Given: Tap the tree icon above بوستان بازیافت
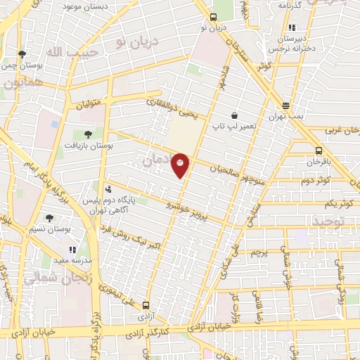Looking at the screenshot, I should [87, 134].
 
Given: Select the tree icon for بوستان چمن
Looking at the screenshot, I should [22, 53].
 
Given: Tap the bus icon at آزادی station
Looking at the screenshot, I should [146, 306].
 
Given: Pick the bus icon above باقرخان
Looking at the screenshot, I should [319, 150].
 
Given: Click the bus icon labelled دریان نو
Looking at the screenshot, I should [214, 17].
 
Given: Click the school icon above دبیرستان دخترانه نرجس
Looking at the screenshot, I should [292, 28].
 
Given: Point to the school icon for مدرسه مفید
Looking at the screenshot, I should [72, 249].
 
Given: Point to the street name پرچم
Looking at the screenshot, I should [259, 251].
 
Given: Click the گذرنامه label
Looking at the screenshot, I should [290, 5].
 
